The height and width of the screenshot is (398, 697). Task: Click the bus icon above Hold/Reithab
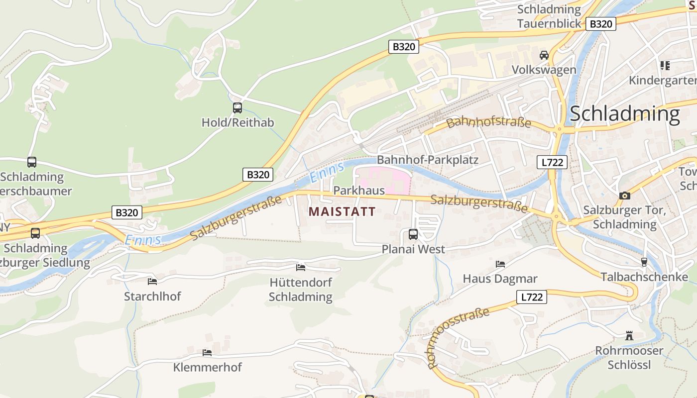pyautogui.click(x=237, y=107)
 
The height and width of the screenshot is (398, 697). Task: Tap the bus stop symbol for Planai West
pyautogui.click(x=413, y=234)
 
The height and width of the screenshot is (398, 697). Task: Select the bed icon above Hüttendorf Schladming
pyautogui.click(x=301, y=267)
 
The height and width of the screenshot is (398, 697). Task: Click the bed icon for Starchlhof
pyautogui.click(x=152, y=281)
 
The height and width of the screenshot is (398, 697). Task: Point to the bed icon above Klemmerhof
pyautogui.click(x=207, y=352)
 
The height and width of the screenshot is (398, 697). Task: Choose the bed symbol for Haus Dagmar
pyautogui.click(x=500, y=264)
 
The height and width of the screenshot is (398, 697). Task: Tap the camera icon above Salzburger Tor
pyautogui.click(x=625, y=196)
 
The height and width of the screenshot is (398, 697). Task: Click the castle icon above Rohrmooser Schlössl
pyautogui.click(x=629, y=336)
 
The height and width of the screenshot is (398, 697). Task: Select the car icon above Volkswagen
pyautogui.click(x=544, y=55)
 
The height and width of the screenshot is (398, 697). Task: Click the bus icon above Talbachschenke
pyautogui.click(x=644, y=262)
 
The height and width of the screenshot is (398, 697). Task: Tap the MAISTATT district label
pyautogui.click(x=342, y=211)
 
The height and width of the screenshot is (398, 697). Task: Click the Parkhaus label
pyautogui.click(x=359, y=191)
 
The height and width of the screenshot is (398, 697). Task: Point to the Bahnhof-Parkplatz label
pyautogui.click(x=428, y=160)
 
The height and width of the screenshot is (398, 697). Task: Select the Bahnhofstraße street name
pyautogui.click(x=489, y=122)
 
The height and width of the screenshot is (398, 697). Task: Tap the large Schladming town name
pyautogui.click(x=624, y=114)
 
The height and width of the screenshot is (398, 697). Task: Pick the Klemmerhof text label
pyautogui.click(x=207, y=368)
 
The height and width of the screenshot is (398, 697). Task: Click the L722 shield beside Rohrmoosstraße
pyautogui.click(x=531, y=298)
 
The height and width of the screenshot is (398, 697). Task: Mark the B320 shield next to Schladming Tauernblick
pyautogui.click(x=601, y=24)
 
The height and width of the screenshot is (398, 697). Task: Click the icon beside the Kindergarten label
pyautogui.click(x=665, y=65)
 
